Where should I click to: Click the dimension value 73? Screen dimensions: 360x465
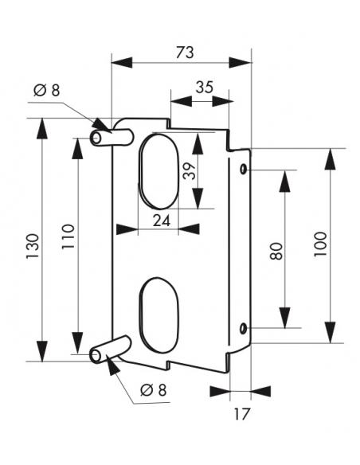(185, 53)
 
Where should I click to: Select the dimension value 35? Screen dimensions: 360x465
(205, 88)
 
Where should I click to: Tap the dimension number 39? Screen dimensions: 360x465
(190, 171)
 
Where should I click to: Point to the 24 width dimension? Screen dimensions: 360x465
(162, 221)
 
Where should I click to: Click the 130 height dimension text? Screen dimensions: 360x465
(33, 247)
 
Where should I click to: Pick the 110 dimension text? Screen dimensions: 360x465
(68, 237)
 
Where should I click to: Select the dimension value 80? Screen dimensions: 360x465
(276, 252)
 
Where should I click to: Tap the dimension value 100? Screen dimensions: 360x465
(320, 244)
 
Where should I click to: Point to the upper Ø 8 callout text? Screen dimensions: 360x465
(46, 90)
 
